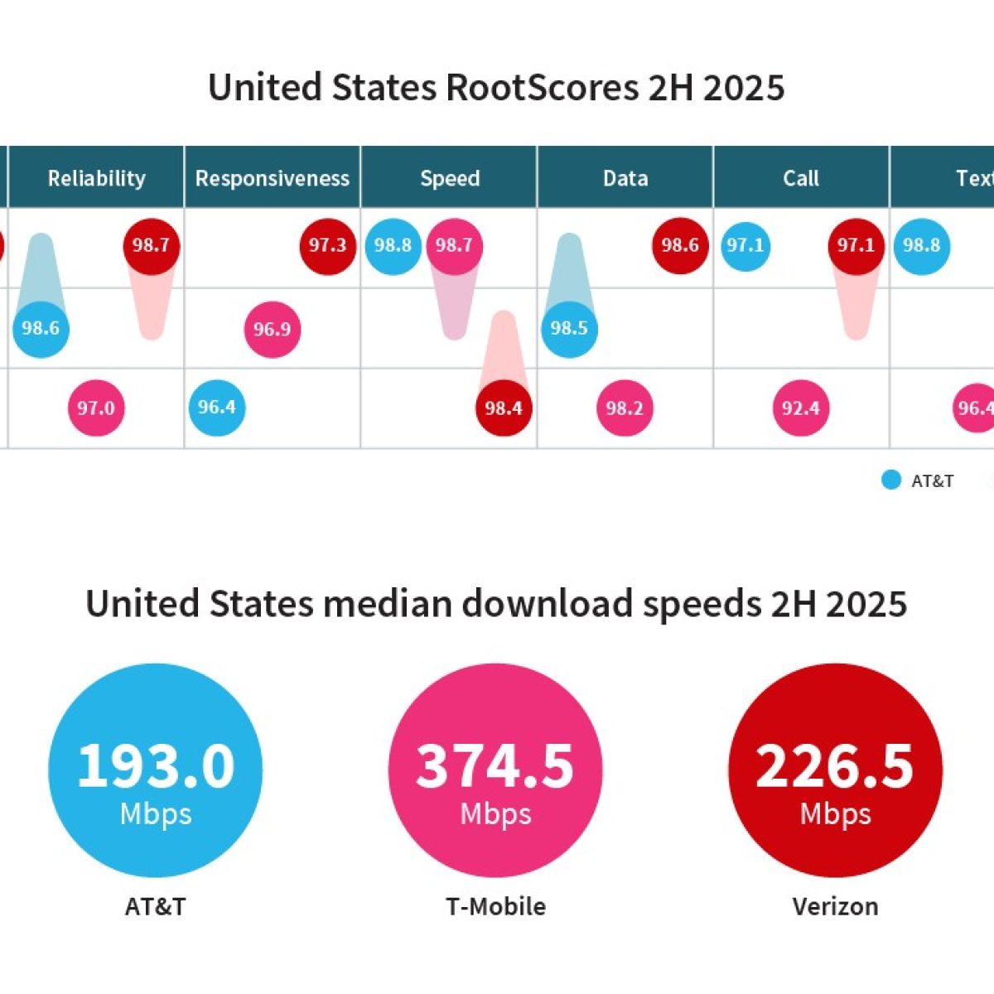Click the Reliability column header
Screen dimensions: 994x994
pyautogui.click(x=96, y=178)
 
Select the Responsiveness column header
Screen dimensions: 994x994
pyautogui.click(x=272, y=178)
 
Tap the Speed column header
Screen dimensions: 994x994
pyautogui.click(x=449, y=178)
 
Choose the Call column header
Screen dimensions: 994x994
pyautogui.click(x=800, y=178)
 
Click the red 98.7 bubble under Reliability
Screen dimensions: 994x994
pyautogui.click(x=151, y=245)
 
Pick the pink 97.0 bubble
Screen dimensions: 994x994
pyautogui.click(x=96, y=408)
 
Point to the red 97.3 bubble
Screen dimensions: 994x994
pyautogui.click(x=327, y=245)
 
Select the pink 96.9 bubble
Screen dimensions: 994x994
pyautogui.click(x=272, y=329)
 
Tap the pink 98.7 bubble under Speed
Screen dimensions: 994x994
pyautogui.click(x=454, y=245)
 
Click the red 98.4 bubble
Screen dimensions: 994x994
pyautogui.click(x=504, y=408)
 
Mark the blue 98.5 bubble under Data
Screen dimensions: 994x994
pyautogui.click(x=569, y=328)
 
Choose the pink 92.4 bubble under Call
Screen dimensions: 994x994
pyautogui.click(x=800, y=408)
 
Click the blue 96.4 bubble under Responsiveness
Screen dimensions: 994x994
pyautogui.click(x=217, y=407)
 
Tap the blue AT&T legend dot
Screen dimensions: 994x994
pyautogui.click(x=891, y=480)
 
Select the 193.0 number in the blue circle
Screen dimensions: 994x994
pyautogui.click(x=156, y=765)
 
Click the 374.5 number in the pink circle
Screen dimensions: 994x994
pyautogui.click(x=495, y=765)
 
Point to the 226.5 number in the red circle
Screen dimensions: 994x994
pyautogui.click(x=835, y=765)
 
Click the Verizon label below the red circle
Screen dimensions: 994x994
pyautogui.click(x=835, y=906)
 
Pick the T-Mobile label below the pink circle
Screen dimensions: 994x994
pyautogui.click(x=495, y=906)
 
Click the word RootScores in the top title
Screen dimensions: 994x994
pyautogui.click(x=543, y=87)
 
